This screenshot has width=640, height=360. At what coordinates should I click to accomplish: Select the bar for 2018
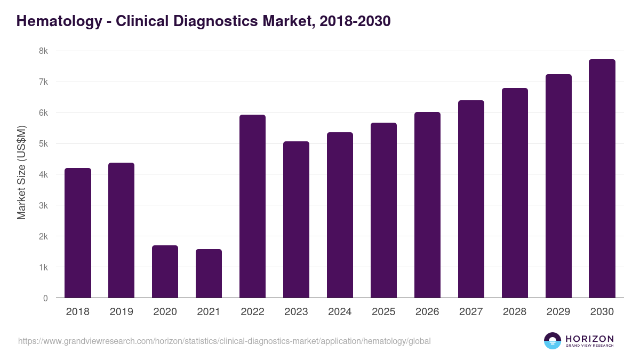pyautogui.click(x=78, y=233)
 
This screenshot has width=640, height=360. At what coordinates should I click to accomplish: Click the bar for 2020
pyautogui.click(x=165, y=271)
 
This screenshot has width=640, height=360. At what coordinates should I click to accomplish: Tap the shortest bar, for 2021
pyautogui.click(x=209, y=274)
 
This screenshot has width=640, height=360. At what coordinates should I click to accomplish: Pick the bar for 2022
pyautogui.click(x=252, y=206)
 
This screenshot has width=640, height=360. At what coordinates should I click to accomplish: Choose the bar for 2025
pyautogui.click(x=384, y=210)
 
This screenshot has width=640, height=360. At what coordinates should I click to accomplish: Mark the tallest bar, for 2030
pyautogui.click(x=602, y=179)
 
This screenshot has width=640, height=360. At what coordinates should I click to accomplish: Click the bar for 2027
pyautogui.click(x=471, y=199)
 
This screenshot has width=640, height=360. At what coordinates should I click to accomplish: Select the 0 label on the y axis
pyautogui.click(x=46, y=298)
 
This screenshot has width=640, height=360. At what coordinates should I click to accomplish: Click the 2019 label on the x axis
pyautogui.click(x=122, y=312)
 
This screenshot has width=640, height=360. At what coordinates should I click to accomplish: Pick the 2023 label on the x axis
pyautogui.click(x=296, y=312)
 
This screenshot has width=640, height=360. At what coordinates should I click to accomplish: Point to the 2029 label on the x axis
pyautogui.click(x=558, y=312)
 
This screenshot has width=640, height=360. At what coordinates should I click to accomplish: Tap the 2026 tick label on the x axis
pyautogui.click(x=427, y=312)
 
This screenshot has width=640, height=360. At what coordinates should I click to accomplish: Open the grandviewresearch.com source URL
pyautogui.click(x=224, y=341)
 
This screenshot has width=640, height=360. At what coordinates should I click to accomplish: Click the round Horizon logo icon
pyautogui.click(x=553, y=341)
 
